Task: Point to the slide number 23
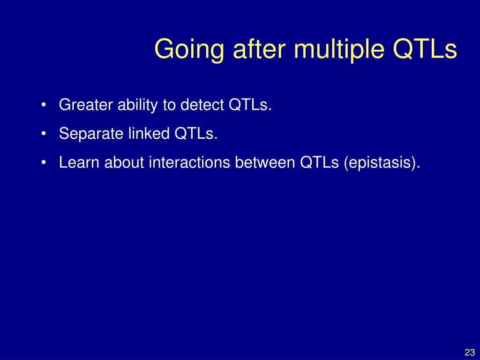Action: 470,352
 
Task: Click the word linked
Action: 149,134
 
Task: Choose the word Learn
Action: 79,162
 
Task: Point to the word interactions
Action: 189,162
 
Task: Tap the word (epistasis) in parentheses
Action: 380,163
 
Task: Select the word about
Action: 124,162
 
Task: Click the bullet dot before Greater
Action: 44,105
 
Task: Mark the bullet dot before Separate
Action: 44,134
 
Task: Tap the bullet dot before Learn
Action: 44,162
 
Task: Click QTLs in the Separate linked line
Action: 194,134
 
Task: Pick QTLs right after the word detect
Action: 248,105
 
